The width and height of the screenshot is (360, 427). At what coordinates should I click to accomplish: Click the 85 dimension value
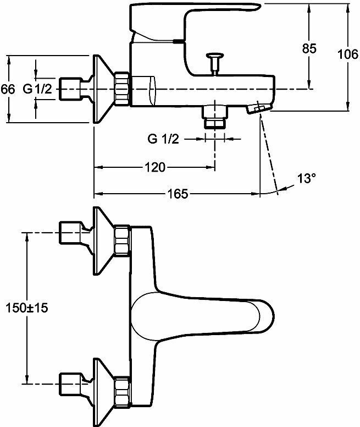tap(309, 48)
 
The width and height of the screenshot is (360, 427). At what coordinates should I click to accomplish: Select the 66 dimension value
tap(8, 89)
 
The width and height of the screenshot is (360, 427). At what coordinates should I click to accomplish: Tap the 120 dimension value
tap(156, 167)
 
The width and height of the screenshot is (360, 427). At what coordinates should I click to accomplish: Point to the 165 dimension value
tap(177, 194)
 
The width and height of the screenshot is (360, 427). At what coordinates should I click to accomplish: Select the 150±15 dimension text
tap(25, 308)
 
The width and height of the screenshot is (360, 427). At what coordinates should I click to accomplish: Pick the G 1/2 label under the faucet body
tap(164, 139)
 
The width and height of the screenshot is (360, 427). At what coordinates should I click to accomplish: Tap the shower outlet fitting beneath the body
tap(214, 116)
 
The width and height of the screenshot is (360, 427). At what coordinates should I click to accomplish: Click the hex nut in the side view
tap(121, 89)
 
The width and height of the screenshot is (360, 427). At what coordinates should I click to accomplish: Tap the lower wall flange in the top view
tap(102, 388)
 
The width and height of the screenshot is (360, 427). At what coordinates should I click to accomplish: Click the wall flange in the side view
tap(103, 89)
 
